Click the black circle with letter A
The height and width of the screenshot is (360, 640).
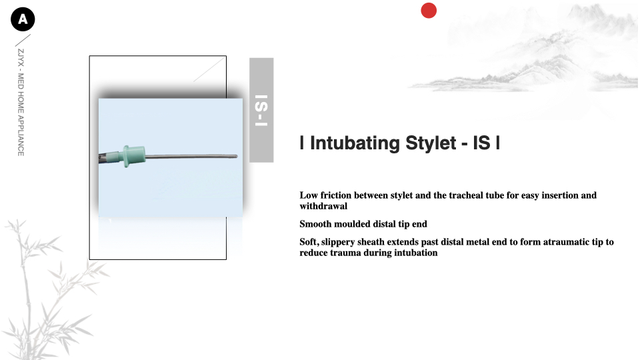point(23,19)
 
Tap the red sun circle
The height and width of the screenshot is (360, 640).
point(429,11)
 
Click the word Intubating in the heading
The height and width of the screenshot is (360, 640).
point(355,143)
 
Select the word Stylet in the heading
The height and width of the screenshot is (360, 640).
point(431,143)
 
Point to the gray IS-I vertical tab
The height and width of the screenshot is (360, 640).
point(261,110)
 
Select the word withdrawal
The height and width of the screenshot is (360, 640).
point(323,206)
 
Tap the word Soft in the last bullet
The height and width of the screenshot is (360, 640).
point(309,242)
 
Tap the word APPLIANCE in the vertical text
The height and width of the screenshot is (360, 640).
point(21,135)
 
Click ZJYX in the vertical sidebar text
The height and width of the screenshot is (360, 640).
point(21,57)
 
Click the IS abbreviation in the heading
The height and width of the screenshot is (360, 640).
point(481,143)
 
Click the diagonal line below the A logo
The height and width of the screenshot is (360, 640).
point(23,41)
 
